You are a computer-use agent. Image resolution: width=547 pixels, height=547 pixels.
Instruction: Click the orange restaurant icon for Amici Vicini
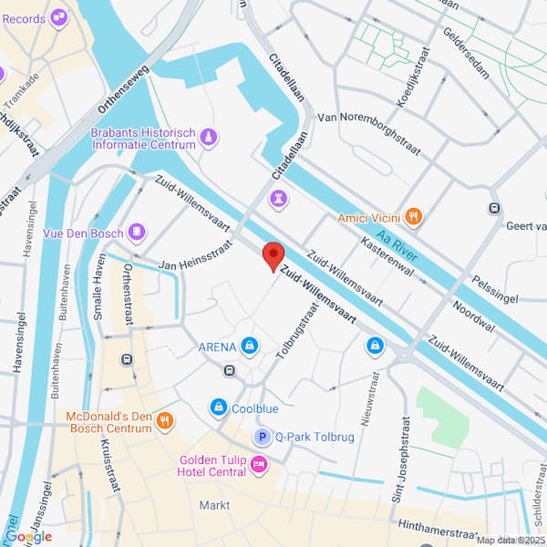(413, 217)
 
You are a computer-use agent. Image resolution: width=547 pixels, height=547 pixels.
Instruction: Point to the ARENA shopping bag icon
(249, 346)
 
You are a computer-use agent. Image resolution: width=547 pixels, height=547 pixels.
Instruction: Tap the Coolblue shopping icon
(219, 408)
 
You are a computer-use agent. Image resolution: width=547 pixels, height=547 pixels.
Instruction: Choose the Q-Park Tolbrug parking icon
(263, 437)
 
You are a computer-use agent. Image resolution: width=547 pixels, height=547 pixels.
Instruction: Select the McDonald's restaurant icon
(165, 421)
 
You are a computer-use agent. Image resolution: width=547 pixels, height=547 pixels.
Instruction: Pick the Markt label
(215, 505)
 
